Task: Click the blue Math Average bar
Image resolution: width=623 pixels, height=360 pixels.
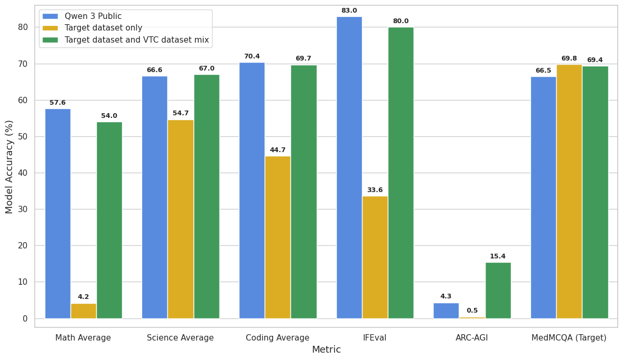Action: pos(58,213)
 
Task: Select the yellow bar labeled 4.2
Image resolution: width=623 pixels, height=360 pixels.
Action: pos(84,311)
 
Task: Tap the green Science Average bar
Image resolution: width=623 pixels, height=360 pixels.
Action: pos(207,196)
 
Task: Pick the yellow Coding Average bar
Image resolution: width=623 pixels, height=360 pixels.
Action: pos(278,237)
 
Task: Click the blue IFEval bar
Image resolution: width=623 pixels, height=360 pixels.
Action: pos(349,167)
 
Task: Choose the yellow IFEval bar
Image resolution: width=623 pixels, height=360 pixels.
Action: pos(375,257)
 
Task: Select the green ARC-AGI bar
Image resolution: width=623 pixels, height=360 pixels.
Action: pos(498,291)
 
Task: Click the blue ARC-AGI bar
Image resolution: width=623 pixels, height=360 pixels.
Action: pos(446,311)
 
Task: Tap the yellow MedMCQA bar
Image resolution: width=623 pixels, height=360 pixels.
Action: pos(569,192)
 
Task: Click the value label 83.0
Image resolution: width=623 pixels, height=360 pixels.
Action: pos(349,11)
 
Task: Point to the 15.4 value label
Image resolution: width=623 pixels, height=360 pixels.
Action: pos(498,256)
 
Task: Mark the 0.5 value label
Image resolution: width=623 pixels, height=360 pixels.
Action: pos(473,311)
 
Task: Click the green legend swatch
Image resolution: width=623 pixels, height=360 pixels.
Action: pos(51,39)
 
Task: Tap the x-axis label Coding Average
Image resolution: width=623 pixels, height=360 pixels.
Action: pos(277,338)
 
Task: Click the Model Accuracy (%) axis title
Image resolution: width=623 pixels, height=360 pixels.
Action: pos(9,167)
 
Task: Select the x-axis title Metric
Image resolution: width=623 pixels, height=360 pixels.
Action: pos(326,349)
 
